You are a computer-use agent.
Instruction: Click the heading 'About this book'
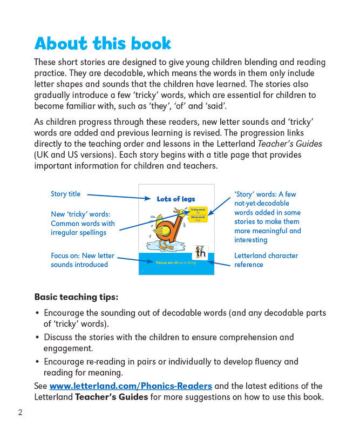coord(103,43)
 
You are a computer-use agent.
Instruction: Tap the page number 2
coord(20,413)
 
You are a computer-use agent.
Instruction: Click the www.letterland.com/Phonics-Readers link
coord(131,386)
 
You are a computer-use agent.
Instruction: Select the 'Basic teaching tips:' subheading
coord(76,296)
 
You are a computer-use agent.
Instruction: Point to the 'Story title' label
coord(65,194)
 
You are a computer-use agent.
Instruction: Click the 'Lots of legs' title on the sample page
coord(176,199)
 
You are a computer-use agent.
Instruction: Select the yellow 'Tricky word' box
coord(198,211)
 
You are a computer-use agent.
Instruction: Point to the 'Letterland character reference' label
coord(266,260)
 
